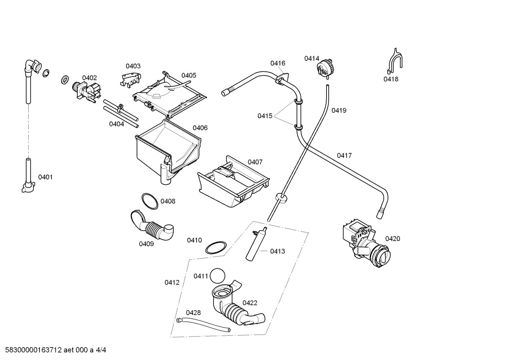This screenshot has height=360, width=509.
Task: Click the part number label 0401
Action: pyautogui.click(x=45, y=177)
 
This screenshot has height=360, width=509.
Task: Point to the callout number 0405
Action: pyautogui.click(x=188, y=75)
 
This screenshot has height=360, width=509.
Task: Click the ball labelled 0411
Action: pyautogui.click(x=217, y=276)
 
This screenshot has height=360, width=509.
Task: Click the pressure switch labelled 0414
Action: pyautogui.click(x=325, y=69)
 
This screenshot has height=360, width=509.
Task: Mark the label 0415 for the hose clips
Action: pyautogui.click(x=265, y=116)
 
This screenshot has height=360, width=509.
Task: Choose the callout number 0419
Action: pyautogui.click(x=339, y=110)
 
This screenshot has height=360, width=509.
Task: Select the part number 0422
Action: pyautogui.click(x=250, y=303)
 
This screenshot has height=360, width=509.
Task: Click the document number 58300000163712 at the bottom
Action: pyautogui.click(x=34, y=350)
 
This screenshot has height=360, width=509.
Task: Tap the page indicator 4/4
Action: pyautogui.click(x=101, y=350)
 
